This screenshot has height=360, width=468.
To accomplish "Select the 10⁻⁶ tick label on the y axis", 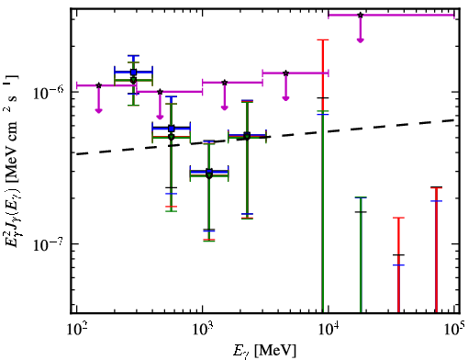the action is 49,93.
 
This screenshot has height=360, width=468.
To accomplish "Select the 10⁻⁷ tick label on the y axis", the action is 49,244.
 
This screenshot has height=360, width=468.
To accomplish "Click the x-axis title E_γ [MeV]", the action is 264,351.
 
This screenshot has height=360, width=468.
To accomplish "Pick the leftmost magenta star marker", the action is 98,85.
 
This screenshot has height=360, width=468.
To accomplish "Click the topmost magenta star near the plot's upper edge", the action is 361,15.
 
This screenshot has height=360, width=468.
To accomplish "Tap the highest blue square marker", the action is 133,73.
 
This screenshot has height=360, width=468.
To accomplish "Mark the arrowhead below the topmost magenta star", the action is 361,40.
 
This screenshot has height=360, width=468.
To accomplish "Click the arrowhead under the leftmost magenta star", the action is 98,110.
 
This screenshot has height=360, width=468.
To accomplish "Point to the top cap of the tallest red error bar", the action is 323,39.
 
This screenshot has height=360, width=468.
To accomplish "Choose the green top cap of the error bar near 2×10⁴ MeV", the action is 361,197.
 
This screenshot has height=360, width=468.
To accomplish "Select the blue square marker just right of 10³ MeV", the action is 209,172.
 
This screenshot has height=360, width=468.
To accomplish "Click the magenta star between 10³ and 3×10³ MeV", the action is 225,83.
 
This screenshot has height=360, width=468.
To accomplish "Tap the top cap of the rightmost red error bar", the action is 436,187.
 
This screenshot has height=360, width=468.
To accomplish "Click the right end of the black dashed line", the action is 455,120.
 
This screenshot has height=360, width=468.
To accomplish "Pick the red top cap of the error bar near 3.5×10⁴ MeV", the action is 398,218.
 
